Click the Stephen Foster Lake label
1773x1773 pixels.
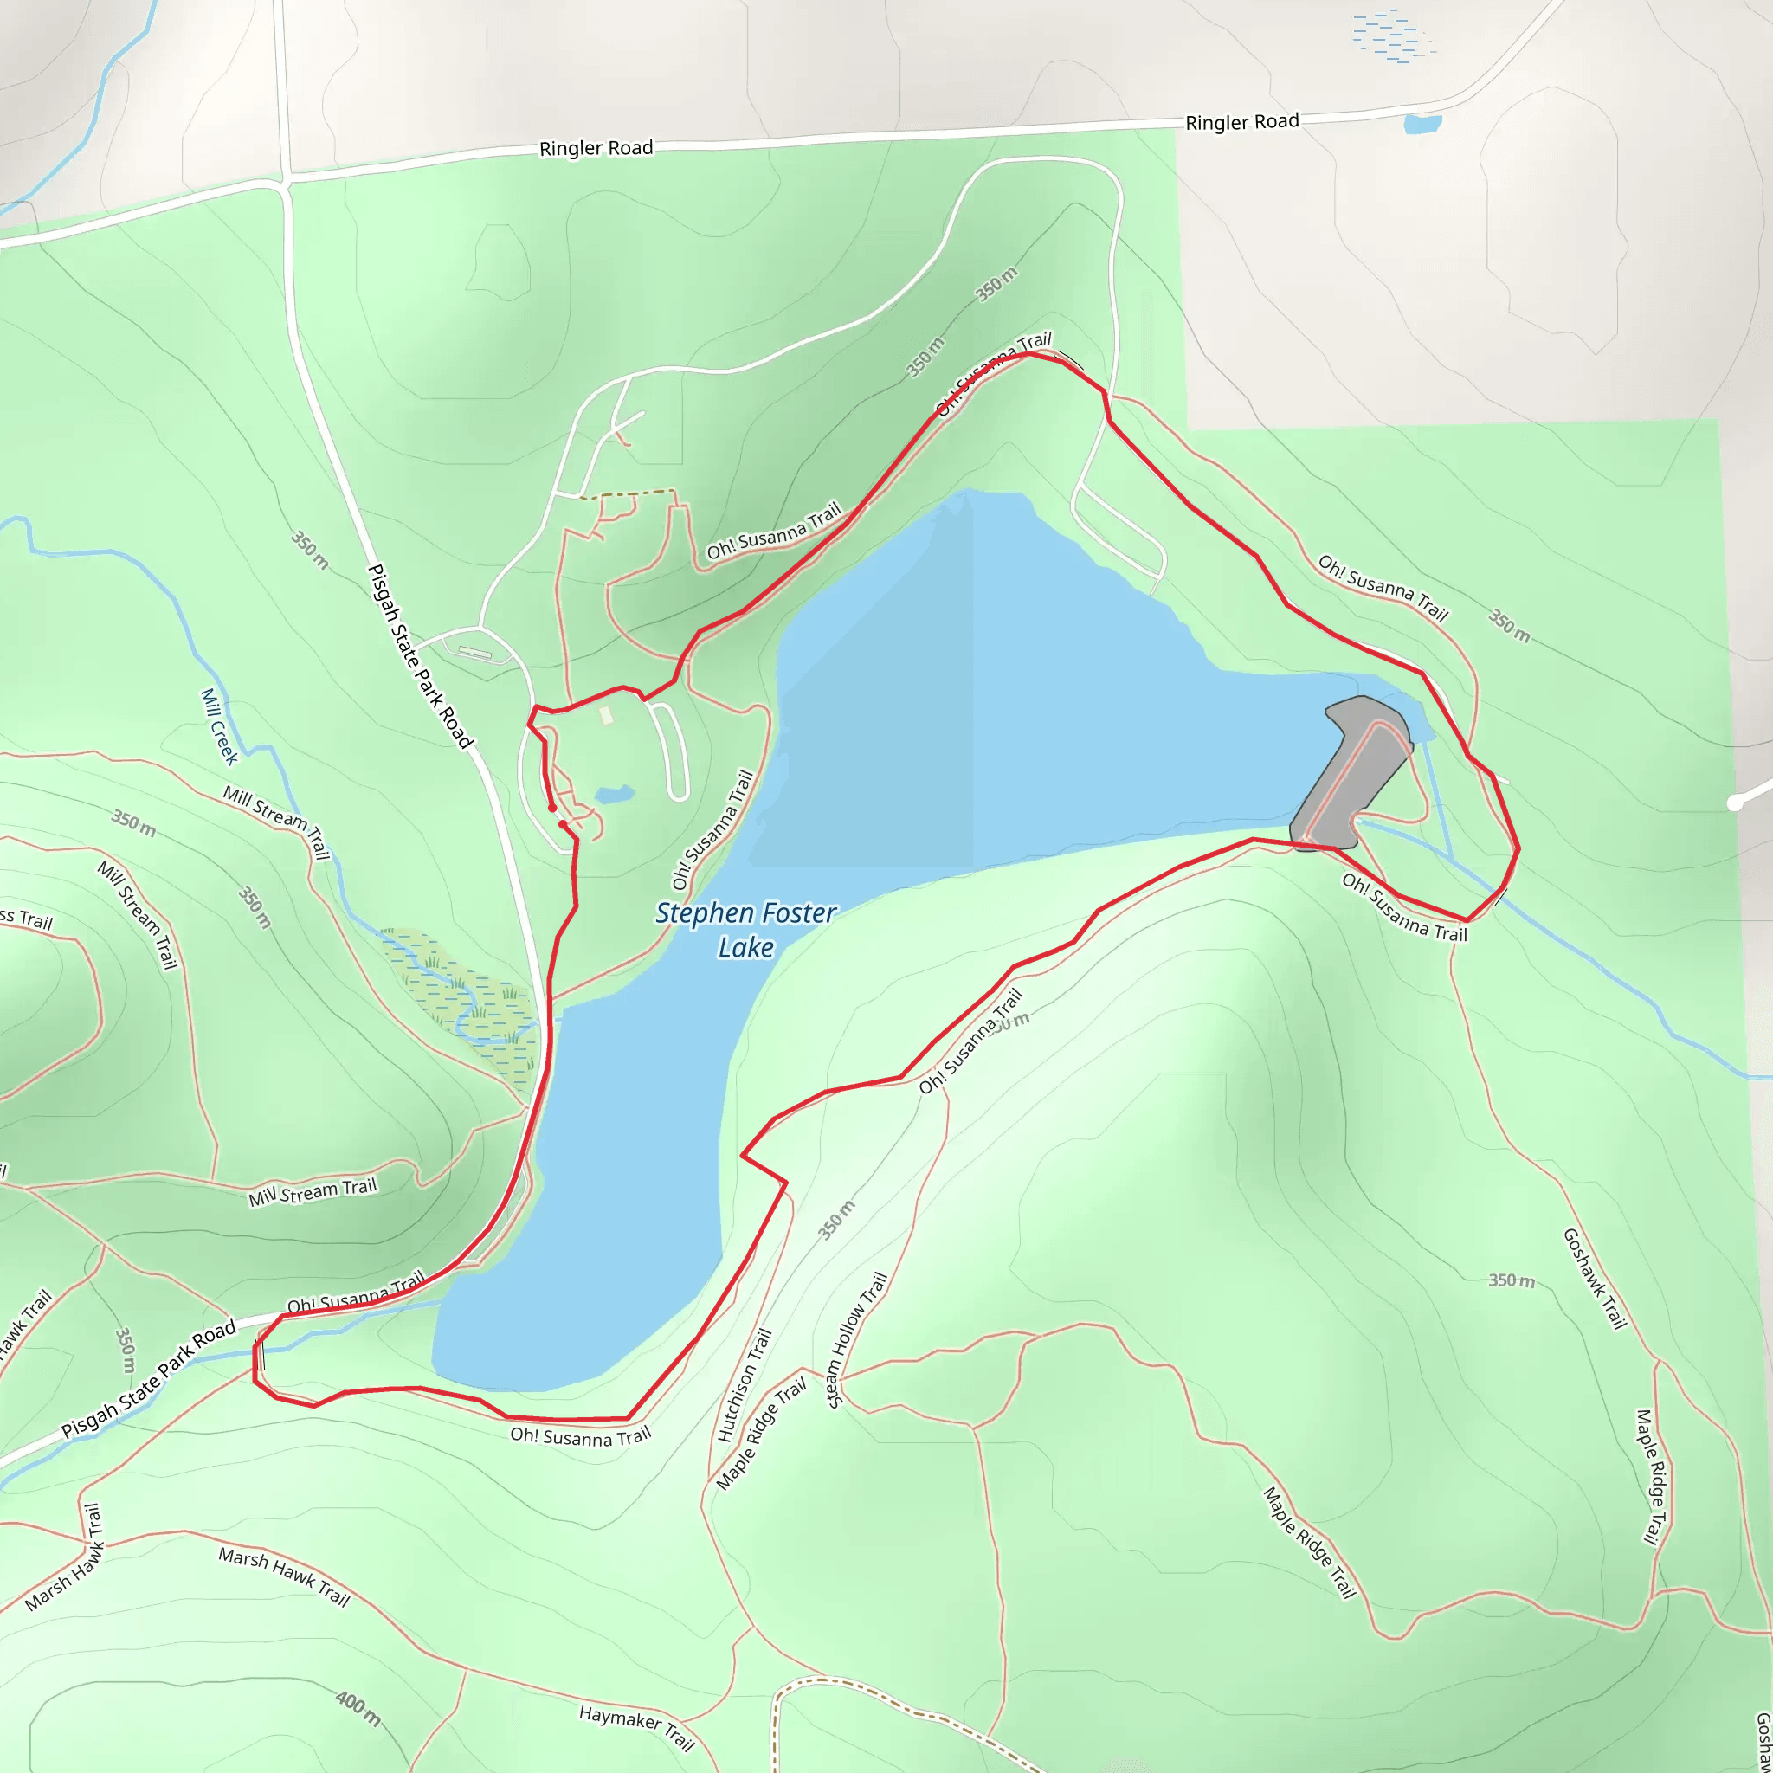pyautogui.click(x=745, y=930)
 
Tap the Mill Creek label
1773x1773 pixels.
pyautogui.click(x=219, y=725)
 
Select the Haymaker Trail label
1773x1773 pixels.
pyautogui.click(x=636, y=1727)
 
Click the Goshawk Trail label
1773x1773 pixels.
pyautogui.click(x=1594, y=1279)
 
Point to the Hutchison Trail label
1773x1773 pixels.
pyautogui.click(x=745, y=1385)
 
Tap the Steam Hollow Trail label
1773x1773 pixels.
pyautogui.click(x=856, y=1340)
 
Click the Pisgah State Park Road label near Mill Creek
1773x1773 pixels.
pyautogui.click(x=419, y=656)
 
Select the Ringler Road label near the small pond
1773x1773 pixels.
pyautogui.click(x=1241, y=122)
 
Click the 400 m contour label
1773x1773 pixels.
pyautogui.click(x=358, y=1707)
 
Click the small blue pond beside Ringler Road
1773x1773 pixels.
pyautogui.click(x=1422, y=124)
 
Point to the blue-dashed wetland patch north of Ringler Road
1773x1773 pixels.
pyautogui.click(x=1391, y=35)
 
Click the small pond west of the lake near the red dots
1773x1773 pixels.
pyautogui.click(x=614, y=794)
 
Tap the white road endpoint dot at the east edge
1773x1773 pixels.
pyautogui.click(x=1734, y=803)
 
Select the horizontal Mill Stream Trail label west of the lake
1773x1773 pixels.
pyautogui.click(x=313, y=1193)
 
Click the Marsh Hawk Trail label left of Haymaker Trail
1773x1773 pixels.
pyautogui.click(x=284, y=1576)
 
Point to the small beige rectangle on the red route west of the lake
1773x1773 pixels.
pyautogui.click(x=606, y=714)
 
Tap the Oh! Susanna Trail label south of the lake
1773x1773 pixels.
pyautogui.click(x=580, y=1436)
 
